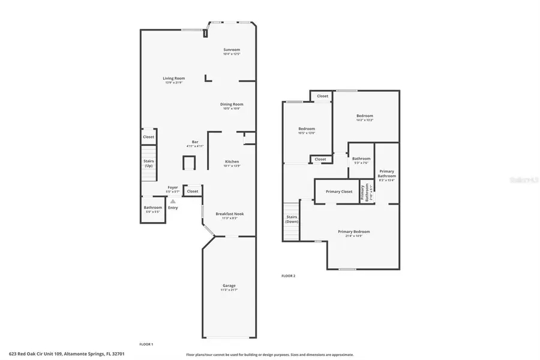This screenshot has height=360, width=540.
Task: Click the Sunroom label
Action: pyautogui.click(x=232, y=50)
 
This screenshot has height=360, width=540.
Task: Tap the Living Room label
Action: pyautogui.click(x=174, y=79)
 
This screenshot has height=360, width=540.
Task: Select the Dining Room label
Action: pyautogui.click(x=232, y=104)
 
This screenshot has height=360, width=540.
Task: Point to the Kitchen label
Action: pyautogui.click(x=232, y=162)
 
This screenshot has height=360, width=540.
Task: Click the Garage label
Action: pyautogui.click(x=229, y=286)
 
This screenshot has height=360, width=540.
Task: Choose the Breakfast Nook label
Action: pyautogui.click(x=230, y=214)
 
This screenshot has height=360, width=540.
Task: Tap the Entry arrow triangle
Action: pyautogui.click(x=173, y=202)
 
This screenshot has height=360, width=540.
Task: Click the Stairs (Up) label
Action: pyautogui.click(x=149, y=163)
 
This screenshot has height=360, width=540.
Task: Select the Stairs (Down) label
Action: pyautogui.click(x=292, y=219)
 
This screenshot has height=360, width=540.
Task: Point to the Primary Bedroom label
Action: pyautogui.click(x=353, y=232)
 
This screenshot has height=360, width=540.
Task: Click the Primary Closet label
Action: pyautogui.click(x=339, y=191)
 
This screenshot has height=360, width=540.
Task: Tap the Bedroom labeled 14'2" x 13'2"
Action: pyautogui.click(x=364, y=116)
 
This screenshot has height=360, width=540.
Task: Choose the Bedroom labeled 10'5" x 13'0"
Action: pyautogui.click(x=307, y=129)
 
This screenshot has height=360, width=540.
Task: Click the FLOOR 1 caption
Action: pyautogui.click(x=146, y=344)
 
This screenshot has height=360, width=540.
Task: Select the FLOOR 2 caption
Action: pyautogui.click(x=288, y=276)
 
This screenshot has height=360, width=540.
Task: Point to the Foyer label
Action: pyautogui.click(x=173, y=187)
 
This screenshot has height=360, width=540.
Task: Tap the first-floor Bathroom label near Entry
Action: pyautogui.click(x=152, y=208)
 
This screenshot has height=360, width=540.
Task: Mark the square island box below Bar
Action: pyautogui.click(x=189, y=163)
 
